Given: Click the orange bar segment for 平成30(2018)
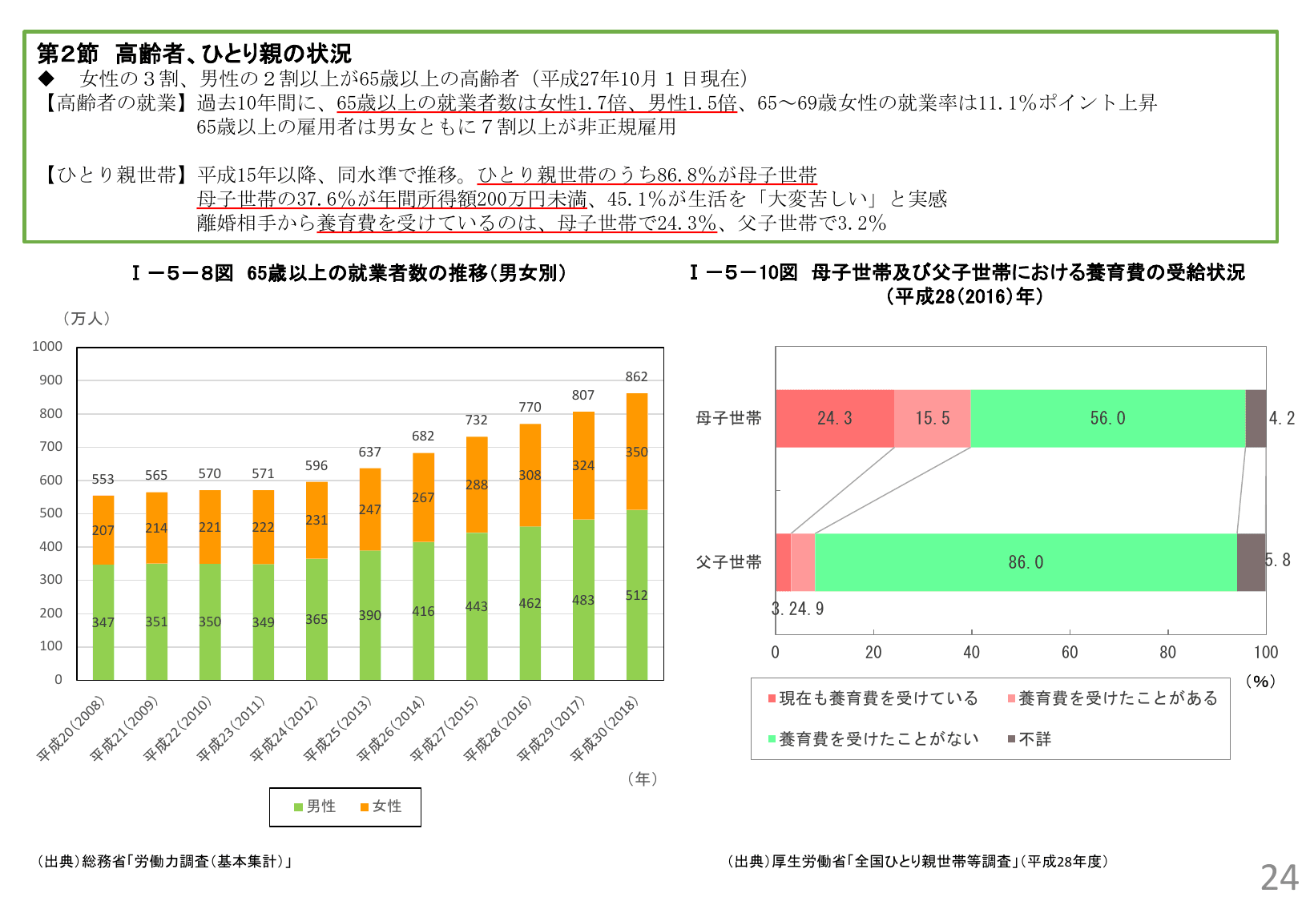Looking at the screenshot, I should point(636,452).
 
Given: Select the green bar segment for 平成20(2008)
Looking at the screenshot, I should point(103,622).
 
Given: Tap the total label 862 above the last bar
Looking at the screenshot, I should point(636,376).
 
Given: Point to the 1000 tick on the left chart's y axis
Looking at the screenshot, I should point(47,346).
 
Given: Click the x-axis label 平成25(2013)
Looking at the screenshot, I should point(338,729).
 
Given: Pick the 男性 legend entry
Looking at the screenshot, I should point(315,806).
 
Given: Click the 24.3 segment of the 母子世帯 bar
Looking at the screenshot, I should point(834,418).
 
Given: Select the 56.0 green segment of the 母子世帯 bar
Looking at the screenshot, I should point(1107,418).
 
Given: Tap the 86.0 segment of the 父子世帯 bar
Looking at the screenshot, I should point(1026,562).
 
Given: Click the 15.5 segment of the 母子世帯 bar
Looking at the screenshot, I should point(932,418).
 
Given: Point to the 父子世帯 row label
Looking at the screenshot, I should point(728,562).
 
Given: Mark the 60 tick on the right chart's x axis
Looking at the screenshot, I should point(1070,652).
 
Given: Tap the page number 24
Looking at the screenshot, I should point(1279,878).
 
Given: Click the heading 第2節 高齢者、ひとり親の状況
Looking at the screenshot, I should point(194,54).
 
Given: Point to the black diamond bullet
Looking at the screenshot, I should point(46,78).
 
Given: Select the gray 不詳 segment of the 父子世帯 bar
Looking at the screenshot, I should point(1251,562).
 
